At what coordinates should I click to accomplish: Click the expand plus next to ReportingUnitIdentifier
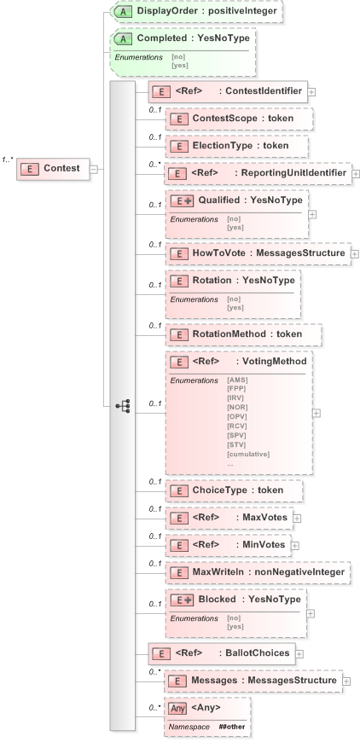tap(356, 173)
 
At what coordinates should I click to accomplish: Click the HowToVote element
tap(257, 253)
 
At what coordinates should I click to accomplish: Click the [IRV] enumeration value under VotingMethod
tap(236, 397)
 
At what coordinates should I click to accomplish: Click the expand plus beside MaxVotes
tap(297, 517)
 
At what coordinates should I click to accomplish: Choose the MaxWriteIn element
tap(257, 571)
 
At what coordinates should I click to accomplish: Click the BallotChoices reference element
tap(221, 653)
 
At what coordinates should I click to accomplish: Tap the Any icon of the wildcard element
tap(177, 707)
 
